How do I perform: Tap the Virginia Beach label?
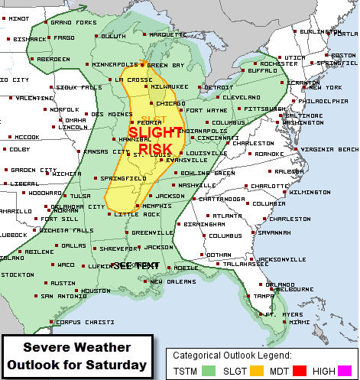[329, 148]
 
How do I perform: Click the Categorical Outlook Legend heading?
[231, 356]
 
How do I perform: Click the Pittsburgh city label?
[262, 109]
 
